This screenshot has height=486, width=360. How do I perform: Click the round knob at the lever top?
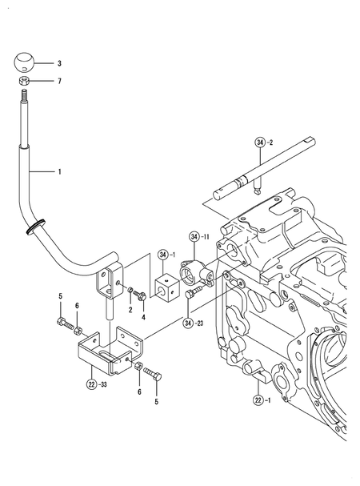[x=25, y=62]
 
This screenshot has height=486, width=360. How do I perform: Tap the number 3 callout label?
[x=58, y=62]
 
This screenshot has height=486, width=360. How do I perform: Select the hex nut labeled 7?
[x=25, y=82]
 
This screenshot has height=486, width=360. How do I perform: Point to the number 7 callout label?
[x=58, y=82]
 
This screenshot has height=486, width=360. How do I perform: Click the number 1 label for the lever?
[x=58, y=171]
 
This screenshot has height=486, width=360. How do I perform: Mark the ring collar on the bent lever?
[x=33, y=229]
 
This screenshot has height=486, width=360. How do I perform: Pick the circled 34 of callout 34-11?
[x=194, y=237]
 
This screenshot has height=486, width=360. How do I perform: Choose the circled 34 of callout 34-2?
[x=260, y=143]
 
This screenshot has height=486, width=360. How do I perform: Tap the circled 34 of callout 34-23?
[x=188, y=323]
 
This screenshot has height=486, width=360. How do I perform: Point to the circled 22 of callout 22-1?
[x=257, y=400]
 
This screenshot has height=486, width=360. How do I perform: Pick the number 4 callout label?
[x=143, y=316]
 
